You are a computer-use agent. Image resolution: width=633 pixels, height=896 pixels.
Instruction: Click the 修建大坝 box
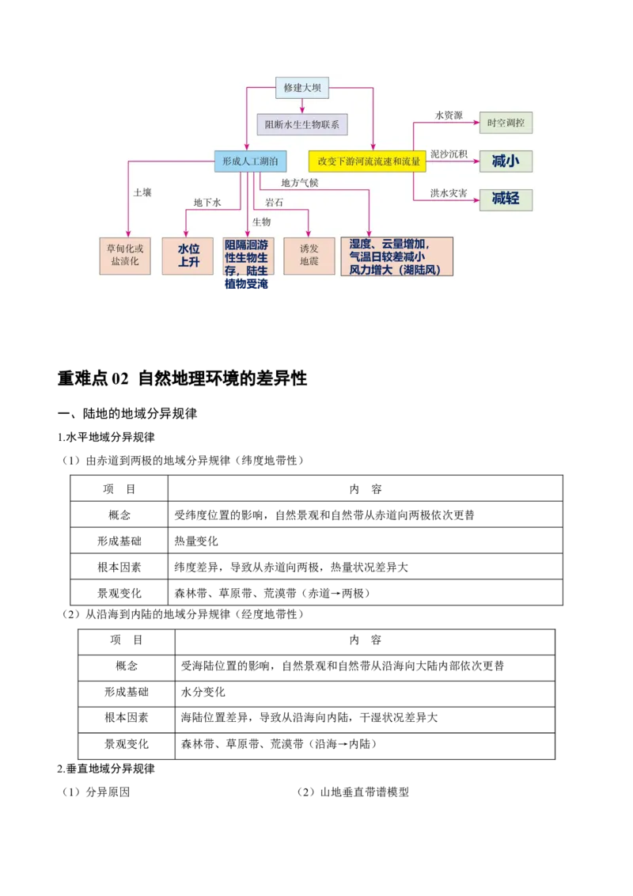click(301, 88)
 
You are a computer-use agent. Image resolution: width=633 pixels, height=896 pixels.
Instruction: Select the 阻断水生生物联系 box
click(302, 124)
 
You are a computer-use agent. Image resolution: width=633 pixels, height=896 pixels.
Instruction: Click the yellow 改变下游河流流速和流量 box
click(367, 161)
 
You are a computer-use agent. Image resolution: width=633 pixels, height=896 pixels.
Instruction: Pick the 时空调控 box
click(506, 123)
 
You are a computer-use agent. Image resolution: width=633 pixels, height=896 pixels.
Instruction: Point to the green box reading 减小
click(506, 161)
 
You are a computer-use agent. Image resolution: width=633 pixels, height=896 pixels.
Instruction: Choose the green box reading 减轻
click(506, 199)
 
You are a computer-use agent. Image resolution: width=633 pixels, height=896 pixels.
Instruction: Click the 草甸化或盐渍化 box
click(124, 255)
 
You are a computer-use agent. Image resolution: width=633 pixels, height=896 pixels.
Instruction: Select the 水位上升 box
click(188, 256)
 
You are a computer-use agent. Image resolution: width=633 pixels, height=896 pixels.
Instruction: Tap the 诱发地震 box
click(309, 255)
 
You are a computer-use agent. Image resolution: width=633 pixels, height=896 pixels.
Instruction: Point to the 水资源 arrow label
click(449, 116)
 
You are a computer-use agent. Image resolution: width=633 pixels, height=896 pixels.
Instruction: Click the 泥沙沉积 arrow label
click(449, 154)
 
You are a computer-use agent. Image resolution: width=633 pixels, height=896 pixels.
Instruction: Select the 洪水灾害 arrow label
click(449, 192)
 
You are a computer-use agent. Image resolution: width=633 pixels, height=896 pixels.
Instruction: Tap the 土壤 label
click(142, 192)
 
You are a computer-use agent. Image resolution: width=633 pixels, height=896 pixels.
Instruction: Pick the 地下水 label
click(207, 203)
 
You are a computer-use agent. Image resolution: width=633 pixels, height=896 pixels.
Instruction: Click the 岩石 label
click(275, 203)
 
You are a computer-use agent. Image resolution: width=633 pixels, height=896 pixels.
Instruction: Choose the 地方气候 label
click(300, 183)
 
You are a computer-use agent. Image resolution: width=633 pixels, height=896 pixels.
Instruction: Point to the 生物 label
click(261, 222)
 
